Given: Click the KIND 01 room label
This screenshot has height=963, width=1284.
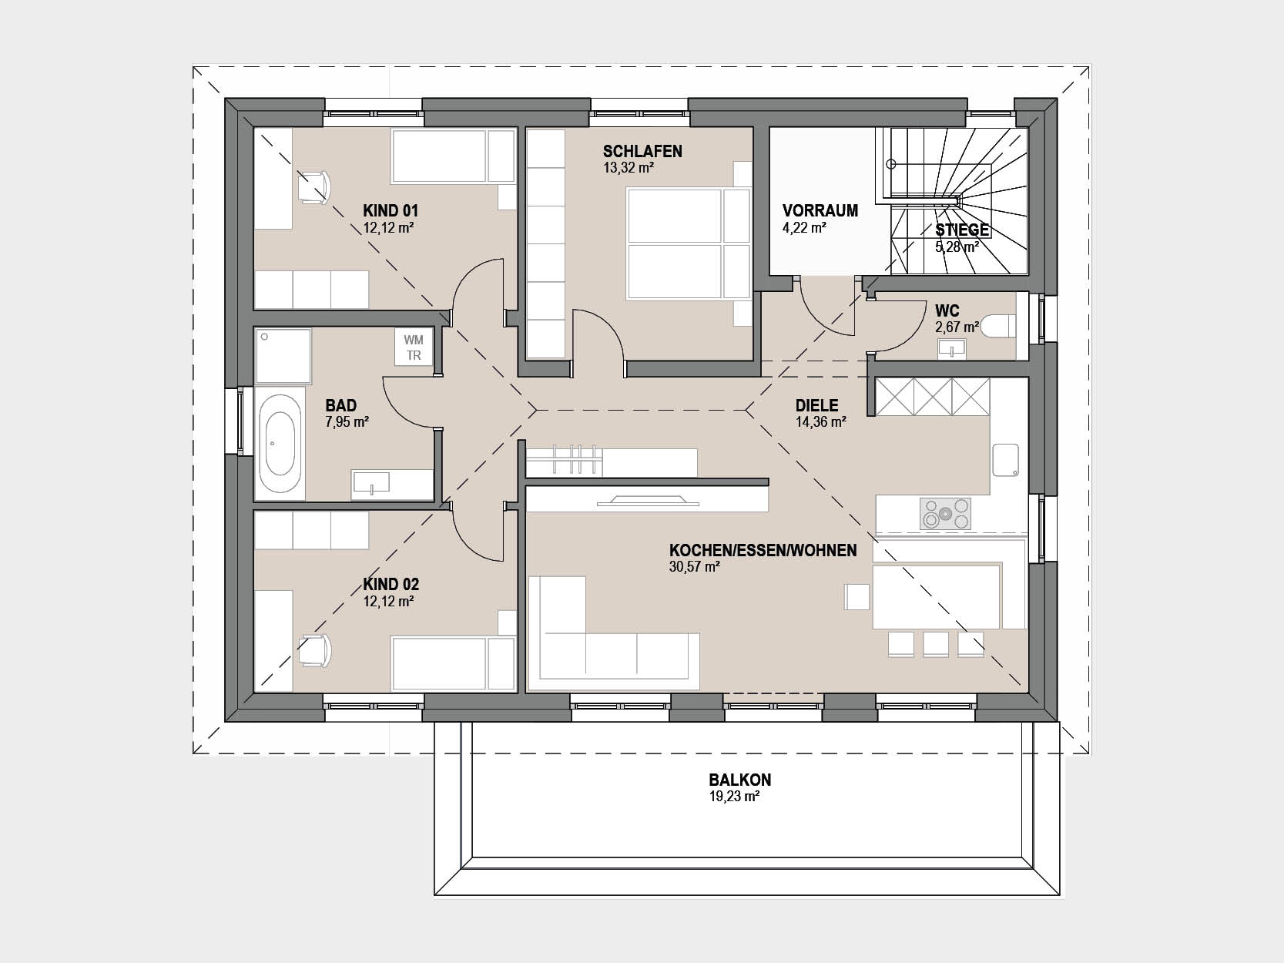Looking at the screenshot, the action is coord(391,210).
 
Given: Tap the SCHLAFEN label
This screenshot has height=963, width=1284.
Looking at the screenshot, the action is coord(642,152).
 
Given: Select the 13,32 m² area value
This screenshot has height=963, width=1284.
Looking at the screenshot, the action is coord(629,169).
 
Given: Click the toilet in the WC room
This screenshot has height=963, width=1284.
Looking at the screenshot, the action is coord(998,327).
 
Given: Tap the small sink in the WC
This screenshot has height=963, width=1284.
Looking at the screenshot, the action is coord(952,349).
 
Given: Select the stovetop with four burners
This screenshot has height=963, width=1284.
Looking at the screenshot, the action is coord(945,514).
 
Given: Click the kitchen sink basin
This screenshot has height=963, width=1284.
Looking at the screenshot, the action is coord(1006,460).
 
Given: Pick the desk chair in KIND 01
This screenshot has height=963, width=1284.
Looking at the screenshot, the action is coord(314,188).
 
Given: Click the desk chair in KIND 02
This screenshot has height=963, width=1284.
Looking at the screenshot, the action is coord(314,650).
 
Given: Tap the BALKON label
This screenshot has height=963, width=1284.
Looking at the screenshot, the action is coord(740,780).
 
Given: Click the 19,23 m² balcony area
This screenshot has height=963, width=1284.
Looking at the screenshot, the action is coord(734,797).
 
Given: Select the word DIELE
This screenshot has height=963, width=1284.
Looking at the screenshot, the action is coord(816,405).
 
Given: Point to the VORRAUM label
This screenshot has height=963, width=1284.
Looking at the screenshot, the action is coord(820,210).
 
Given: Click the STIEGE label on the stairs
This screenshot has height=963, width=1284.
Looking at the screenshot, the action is coord(962,230).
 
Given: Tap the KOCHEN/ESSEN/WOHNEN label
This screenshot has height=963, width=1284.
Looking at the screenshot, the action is coord(763,551).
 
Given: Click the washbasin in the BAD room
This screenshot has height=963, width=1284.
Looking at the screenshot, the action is coord(370,483).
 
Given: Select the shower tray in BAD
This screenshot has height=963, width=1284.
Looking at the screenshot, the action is coord(283,357).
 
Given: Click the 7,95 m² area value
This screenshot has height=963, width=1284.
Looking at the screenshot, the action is coord(347,422).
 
